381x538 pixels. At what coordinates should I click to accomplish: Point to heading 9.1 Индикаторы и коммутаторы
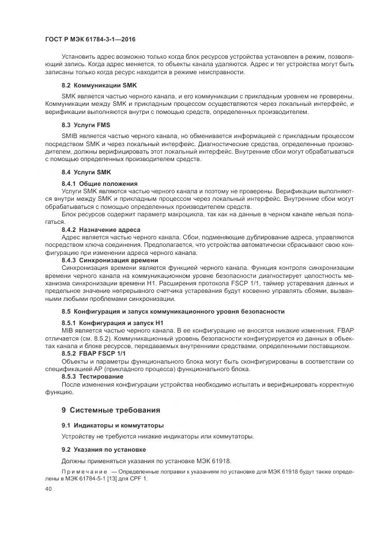pos(112,425)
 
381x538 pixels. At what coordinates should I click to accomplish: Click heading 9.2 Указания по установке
pos(104,449)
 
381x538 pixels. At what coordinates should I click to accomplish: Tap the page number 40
pos(48,489)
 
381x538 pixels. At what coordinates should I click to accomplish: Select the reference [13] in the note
pos(111,479)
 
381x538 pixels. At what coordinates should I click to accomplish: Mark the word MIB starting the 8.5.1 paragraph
pos(68,331)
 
